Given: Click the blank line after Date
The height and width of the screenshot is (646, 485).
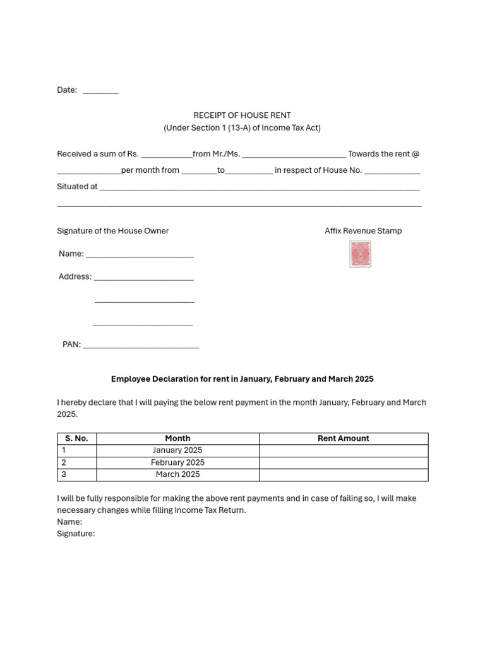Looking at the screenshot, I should click(100, 92).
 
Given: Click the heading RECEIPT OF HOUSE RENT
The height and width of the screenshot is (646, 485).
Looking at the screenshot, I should click(242, 115).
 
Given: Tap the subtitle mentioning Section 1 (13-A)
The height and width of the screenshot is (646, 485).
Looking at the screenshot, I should click(242, 128).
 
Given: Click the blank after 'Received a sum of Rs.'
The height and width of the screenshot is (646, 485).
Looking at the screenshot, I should click(167, 155).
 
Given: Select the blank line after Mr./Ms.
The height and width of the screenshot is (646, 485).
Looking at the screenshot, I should click(294, 155).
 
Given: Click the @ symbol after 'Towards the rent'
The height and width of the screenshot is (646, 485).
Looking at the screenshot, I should click(416, 154).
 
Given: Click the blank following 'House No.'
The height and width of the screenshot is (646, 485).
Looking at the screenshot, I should click(392, 172).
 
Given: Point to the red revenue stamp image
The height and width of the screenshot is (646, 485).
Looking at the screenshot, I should click(360, 254).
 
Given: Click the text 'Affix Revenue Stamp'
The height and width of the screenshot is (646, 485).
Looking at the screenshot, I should click(363, 231).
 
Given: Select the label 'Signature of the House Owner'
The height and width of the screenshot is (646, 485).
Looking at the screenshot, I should click(113, 231).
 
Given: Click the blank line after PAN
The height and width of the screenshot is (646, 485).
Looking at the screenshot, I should click(141, 346).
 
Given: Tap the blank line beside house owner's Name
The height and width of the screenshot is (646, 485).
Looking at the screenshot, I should click(140, 255).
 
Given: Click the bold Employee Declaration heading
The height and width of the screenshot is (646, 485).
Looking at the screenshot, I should click(242, 379).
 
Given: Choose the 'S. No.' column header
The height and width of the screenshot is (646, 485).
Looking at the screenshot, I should click(76, 438).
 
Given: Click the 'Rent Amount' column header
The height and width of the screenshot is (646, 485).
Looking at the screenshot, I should click(344, 438).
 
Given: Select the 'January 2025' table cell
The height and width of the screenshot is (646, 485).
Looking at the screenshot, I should click(177, 450).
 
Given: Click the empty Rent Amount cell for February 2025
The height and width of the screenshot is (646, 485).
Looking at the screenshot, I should click(344, 462).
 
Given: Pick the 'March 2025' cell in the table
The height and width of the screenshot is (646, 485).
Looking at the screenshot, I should click(177, 474).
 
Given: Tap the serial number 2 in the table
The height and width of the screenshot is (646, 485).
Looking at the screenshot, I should click(64, 462).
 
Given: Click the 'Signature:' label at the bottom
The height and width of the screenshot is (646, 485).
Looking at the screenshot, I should click(76, 534).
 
